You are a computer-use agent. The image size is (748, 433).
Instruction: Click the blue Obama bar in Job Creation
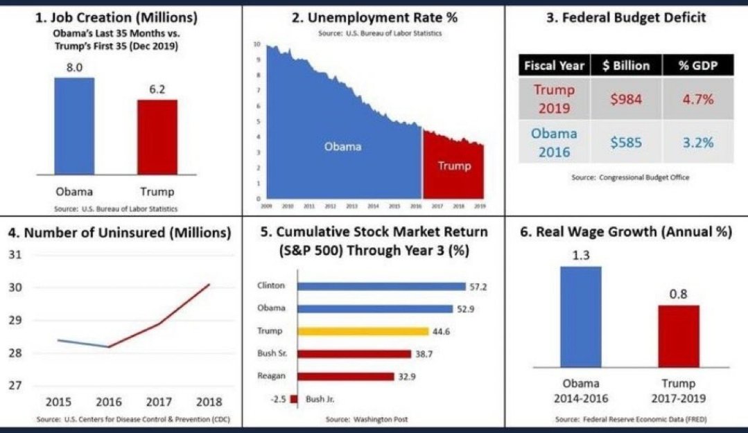click(x=74, y=125)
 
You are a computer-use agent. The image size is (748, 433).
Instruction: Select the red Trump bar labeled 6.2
click(x=157, y=136)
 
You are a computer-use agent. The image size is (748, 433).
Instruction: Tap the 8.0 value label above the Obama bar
click(x=74, y=68)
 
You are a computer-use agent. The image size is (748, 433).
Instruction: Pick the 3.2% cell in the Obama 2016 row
click(x=697, y=142)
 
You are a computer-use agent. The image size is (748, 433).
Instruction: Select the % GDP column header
click(x=697, y=66)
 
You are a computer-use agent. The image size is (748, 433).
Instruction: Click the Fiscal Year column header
click(x=555, y=66)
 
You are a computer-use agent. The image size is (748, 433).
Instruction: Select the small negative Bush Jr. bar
click(x=294, y=399)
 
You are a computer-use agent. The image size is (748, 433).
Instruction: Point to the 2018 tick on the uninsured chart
click(x=209, y=403)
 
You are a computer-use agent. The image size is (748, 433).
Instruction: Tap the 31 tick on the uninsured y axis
click(x=15, y=255)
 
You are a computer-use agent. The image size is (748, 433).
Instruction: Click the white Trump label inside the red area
click(x=454, y=166)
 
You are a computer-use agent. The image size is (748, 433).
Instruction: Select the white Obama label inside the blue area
click(x=343, y=147)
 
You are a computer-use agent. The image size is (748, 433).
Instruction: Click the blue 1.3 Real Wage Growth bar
click(x=580, y=316)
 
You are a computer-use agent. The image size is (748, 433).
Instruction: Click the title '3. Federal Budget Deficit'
click(x=627, y=18)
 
